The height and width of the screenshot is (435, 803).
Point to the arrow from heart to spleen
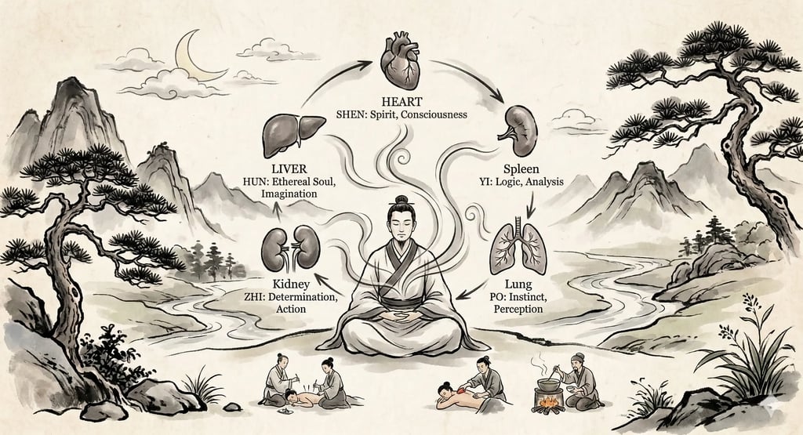[479, 82]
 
